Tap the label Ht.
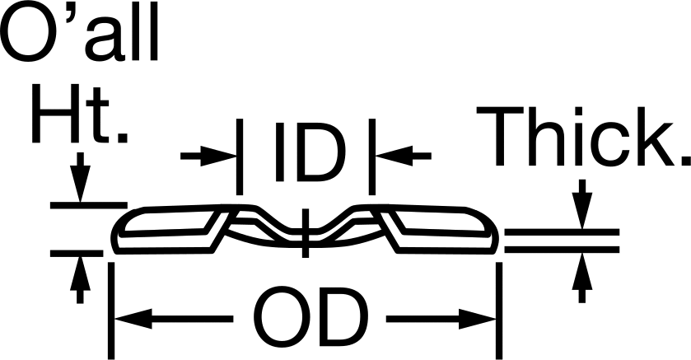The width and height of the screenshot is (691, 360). coord(80,114)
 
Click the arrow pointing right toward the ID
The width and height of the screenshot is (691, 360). coord(209,156)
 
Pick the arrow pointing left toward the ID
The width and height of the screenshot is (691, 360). coord(404,156)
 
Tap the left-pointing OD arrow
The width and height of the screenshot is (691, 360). coord(174,319)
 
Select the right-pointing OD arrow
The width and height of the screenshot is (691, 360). coord(441,319)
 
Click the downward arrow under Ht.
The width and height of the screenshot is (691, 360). coord(80,178)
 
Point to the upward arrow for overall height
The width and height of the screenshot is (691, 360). coord(80,279)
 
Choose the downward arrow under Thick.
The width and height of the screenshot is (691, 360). coord(582,204)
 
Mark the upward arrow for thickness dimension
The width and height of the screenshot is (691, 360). coord(582,278)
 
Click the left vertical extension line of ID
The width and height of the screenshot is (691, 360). coord(240,157)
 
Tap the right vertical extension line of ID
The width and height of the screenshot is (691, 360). coord(372,157)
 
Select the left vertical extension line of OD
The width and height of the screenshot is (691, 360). coord(111,311)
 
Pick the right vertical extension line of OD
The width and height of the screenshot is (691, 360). coord(499,311)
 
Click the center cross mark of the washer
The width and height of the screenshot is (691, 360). coord(305,233)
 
